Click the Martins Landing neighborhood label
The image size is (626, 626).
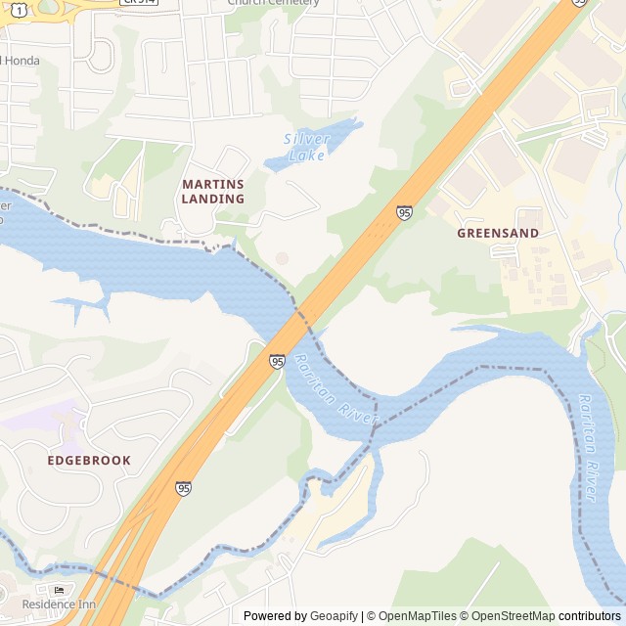click(213, 191)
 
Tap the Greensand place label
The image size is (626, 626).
click(498, 234)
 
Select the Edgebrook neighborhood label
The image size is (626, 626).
click(89, 460)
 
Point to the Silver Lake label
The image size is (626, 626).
click(308, 146)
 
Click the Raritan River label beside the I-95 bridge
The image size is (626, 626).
click(336, 389)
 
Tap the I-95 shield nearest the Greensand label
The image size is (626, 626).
click(404, 212)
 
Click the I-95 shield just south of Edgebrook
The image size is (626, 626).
click(183, 488)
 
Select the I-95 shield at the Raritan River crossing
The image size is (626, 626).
click(278, 362)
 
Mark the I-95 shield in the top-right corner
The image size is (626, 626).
click(579, 3)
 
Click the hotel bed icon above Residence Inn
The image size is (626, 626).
click(59, 590)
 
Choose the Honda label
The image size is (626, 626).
click(21, 61)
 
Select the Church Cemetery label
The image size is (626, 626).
click(273, 3)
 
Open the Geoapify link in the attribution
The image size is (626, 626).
click(334, 615)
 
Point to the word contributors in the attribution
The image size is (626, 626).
click(590, 615)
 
